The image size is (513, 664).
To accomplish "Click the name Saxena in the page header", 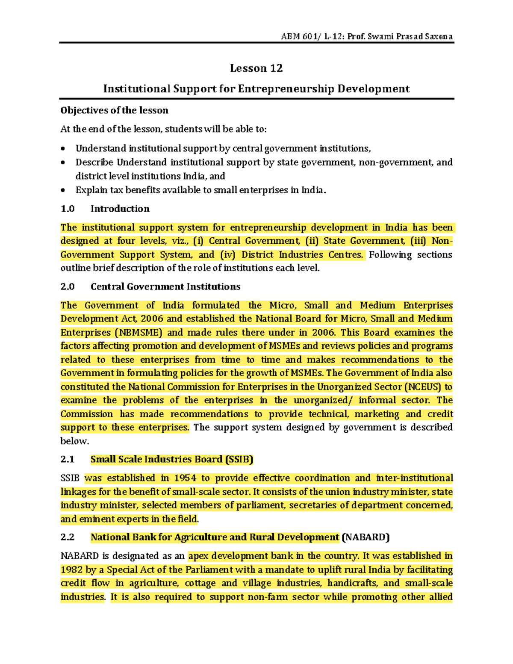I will click(439, 36).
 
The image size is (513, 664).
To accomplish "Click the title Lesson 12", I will click(256, 68).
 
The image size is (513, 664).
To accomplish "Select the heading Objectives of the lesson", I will click(114, 110).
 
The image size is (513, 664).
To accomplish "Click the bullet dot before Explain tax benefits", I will click(63, 190).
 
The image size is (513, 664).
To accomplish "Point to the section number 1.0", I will click(67, 209).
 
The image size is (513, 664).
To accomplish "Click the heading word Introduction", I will click(120, 209).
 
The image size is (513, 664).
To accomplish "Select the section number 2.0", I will click(67, 286).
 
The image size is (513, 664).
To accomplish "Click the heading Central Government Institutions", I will click(165, 286).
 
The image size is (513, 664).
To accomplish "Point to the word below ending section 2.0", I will click(74, 441).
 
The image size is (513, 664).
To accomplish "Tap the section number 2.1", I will click(67, 459).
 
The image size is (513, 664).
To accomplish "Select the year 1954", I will click(185, 478).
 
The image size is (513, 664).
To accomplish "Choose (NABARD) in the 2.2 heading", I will click(366, 537).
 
